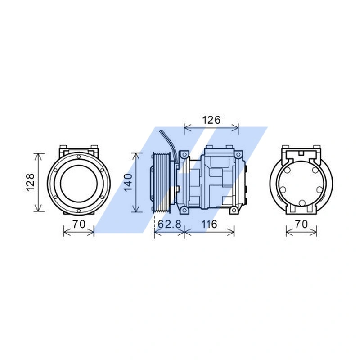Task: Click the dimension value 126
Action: pos(211,120)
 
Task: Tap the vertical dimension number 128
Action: pos(30,182)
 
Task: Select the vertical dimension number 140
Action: pos(127,182)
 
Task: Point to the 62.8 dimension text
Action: pos(169,224)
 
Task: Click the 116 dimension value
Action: pos(210,224)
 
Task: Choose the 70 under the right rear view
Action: pos(301,224)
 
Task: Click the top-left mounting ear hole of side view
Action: pos(183,155)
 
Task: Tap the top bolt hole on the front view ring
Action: pos(79,157)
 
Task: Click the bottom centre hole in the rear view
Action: pos(302,203)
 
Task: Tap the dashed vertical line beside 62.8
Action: pos(154,223)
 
